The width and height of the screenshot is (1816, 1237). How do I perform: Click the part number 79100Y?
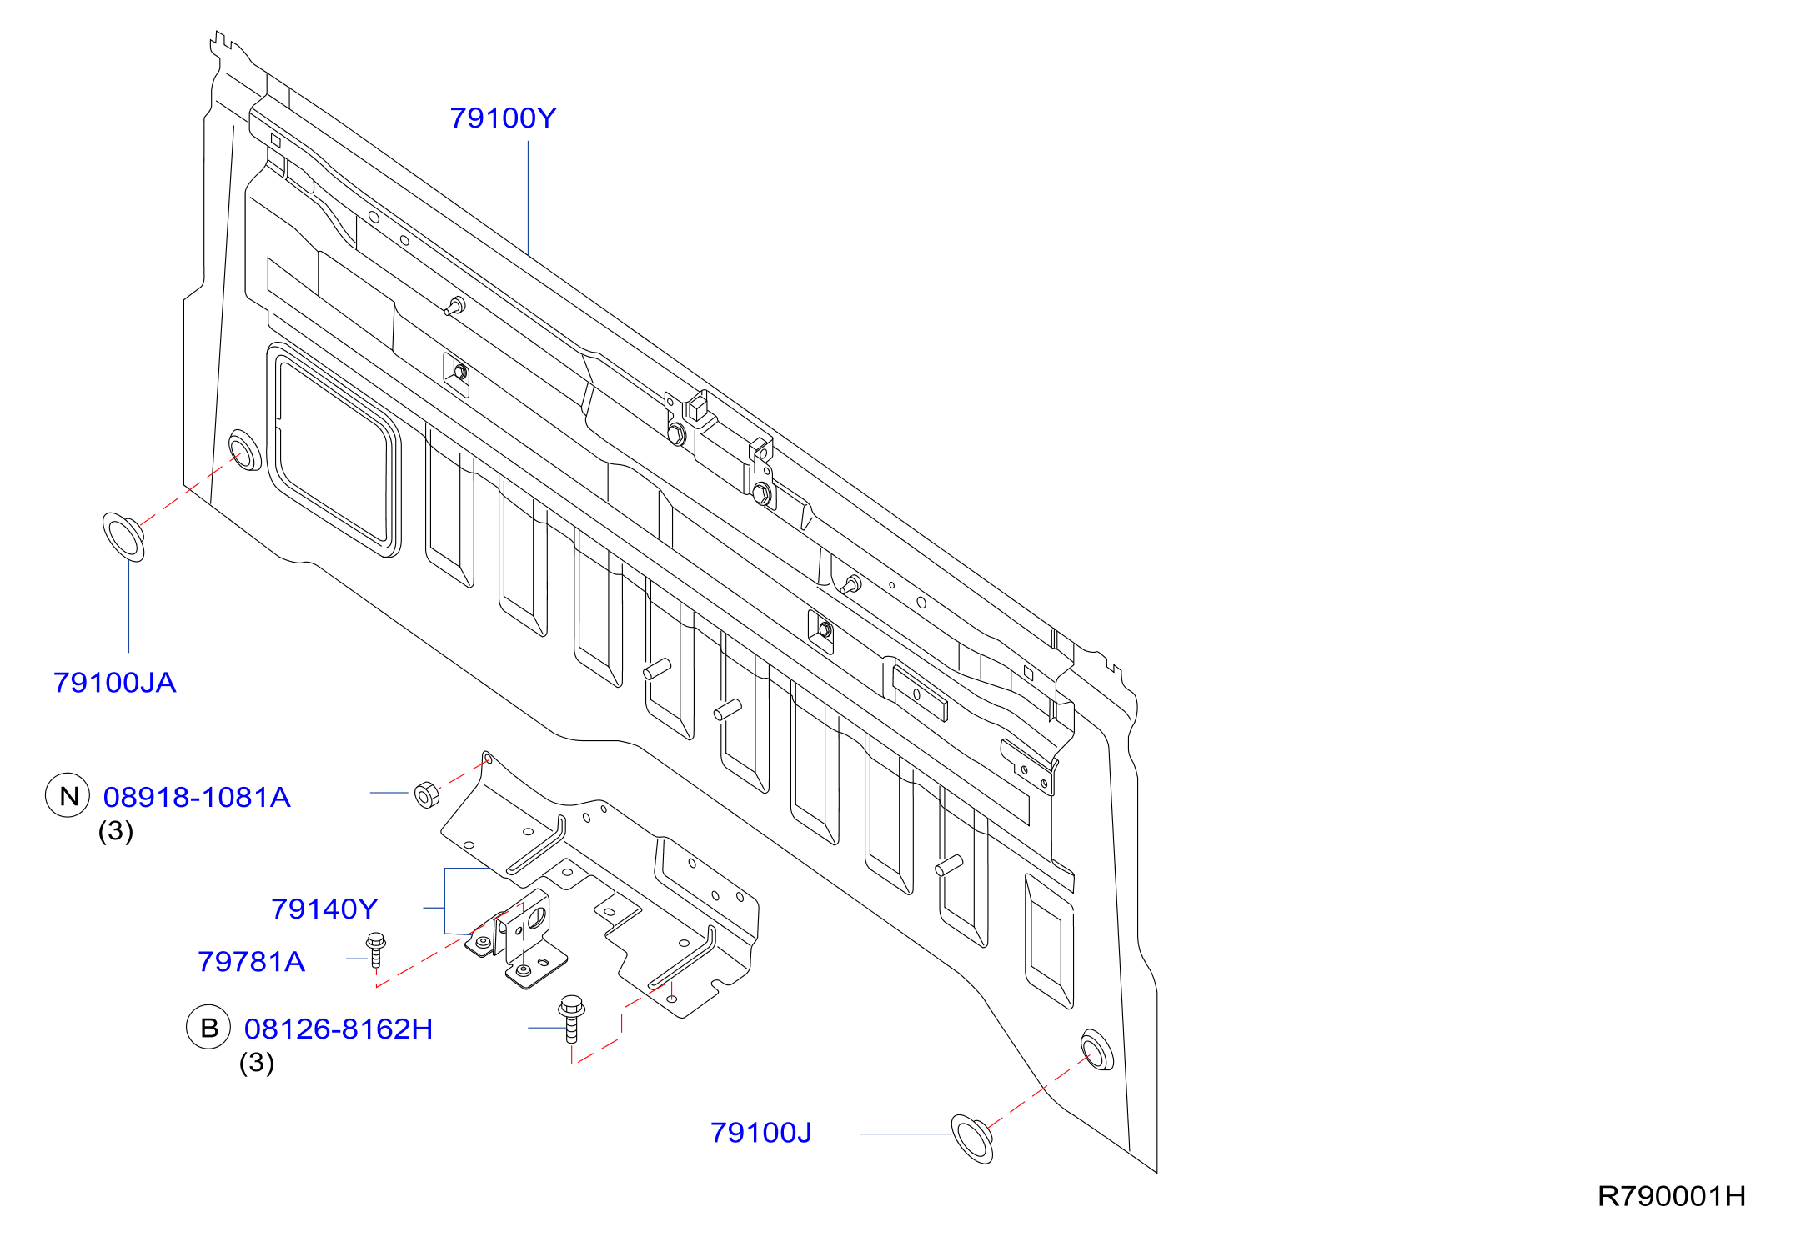[x=503, y=118]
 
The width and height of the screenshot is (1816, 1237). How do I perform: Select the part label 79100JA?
[x=115, y=683]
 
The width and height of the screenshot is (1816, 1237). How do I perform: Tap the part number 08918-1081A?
[x=197, y=798]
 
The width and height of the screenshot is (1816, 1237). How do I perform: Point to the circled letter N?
[x=68, y=795]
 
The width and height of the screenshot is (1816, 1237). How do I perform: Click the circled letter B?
[x=208, y=1027]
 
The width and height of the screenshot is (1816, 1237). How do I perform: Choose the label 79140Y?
[x=324, y=909]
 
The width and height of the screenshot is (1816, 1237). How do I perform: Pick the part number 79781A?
[x=251, y=962]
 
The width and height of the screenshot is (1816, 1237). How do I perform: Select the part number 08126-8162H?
[x=339, y=1029]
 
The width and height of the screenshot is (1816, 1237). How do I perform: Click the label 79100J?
[x=760, y=1133]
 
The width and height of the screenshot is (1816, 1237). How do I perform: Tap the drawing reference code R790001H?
[x=1671, y=1197]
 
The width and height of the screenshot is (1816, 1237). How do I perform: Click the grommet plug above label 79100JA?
[x=123, y=537]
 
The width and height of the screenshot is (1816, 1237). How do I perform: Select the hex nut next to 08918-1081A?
[x=427, y=794]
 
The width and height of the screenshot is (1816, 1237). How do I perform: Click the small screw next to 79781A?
[x=376, y=950]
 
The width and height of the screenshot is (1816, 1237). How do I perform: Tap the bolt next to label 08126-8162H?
[x=571, y=1018]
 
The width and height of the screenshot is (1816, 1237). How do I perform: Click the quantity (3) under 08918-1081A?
[x=116, y=831]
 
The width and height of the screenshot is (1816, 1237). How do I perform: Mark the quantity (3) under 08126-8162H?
[x=257, y=1063]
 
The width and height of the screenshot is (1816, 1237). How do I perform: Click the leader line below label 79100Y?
[x=528, y=198]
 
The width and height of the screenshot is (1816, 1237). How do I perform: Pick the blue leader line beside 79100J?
[x=906, y=1134]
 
